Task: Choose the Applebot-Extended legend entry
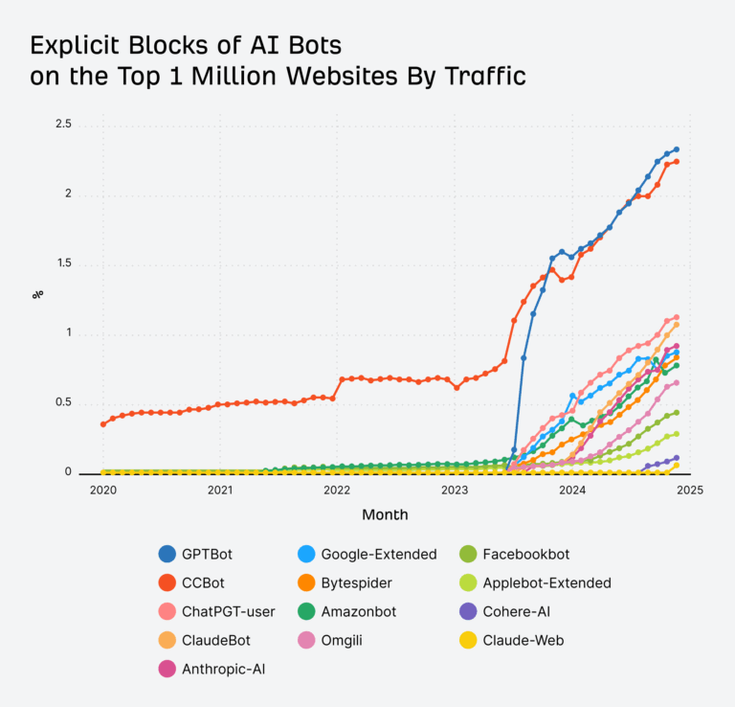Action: coord(546,582)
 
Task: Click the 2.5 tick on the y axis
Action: coord(62,125)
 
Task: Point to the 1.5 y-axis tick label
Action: coord(62,264)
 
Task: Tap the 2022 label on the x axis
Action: coord(337,490)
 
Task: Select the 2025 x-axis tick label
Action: coord(689,490)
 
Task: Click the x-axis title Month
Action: coord(385,514)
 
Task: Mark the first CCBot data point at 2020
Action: coord(103,423)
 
